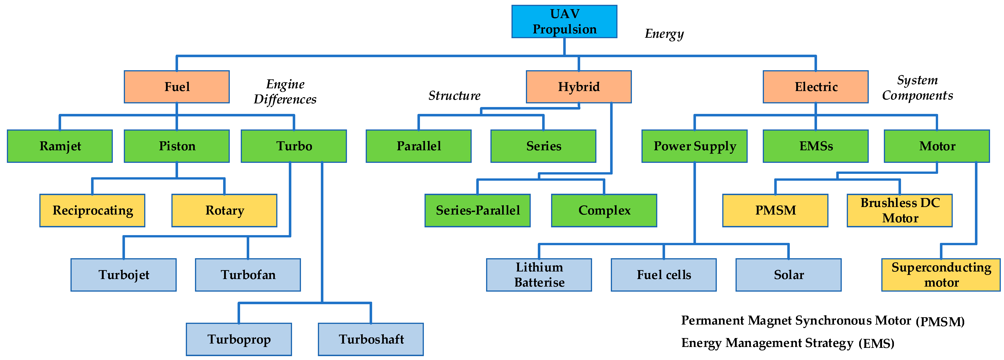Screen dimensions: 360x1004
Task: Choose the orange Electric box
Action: (815, 86)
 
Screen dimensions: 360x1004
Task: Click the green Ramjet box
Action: (60, 146)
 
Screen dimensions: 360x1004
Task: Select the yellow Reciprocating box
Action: (92, 210)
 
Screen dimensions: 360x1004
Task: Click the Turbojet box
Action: (124, 275)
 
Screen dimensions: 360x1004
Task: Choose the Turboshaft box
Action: (371, 339)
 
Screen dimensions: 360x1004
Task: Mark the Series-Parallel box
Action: (477, 210)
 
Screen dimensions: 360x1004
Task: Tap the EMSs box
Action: (815, 146)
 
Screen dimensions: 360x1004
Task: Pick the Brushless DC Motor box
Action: (900, 210)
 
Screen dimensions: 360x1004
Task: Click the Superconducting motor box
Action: (941, 275)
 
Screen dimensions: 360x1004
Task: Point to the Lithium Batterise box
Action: (539, 275)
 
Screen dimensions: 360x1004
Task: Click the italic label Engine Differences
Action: (285, 91)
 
